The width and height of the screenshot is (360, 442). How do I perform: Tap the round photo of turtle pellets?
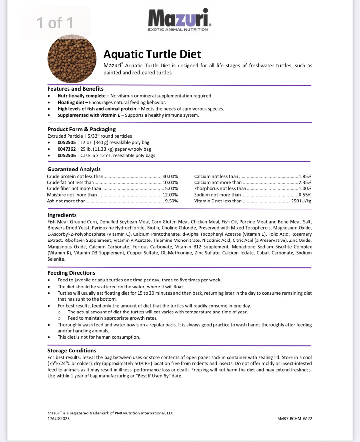(72, 59)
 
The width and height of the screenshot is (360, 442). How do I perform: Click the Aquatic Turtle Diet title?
(152, 54)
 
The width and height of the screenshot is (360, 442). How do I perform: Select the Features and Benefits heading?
(76, 89)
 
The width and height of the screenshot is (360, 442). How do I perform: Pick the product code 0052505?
(67, 142)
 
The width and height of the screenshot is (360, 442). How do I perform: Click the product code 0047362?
(67, 149)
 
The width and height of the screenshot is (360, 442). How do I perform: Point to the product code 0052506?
(67, 155)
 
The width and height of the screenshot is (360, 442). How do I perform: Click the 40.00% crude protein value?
(170, 176)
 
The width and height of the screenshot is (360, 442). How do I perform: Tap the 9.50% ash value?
(171, 201)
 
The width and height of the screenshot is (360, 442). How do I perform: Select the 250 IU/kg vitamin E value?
(301, 201)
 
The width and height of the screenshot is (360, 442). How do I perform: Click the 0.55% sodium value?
(305, 195)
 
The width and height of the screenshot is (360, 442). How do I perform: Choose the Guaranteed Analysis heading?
(74, 169)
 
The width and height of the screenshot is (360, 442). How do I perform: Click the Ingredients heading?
(62, 215)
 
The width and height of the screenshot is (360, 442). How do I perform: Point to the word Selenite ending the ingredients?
(56, 259)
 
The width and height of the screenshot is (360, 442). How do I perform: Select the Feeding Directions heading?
(71, 273)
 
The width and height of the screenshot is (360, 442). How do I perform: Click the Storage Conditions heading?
(72, 351)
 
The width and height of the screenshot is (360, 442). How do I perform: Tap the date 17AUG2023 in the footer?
(59, 418)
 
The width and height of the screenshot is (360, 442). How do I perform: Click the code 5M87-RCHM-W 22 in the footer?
(295, 418)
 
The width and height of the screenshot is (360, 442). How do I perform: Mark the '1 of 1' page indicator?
(55, 23)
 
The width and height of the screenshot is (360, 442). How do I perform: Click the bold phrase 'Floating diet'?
(71, 102)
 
